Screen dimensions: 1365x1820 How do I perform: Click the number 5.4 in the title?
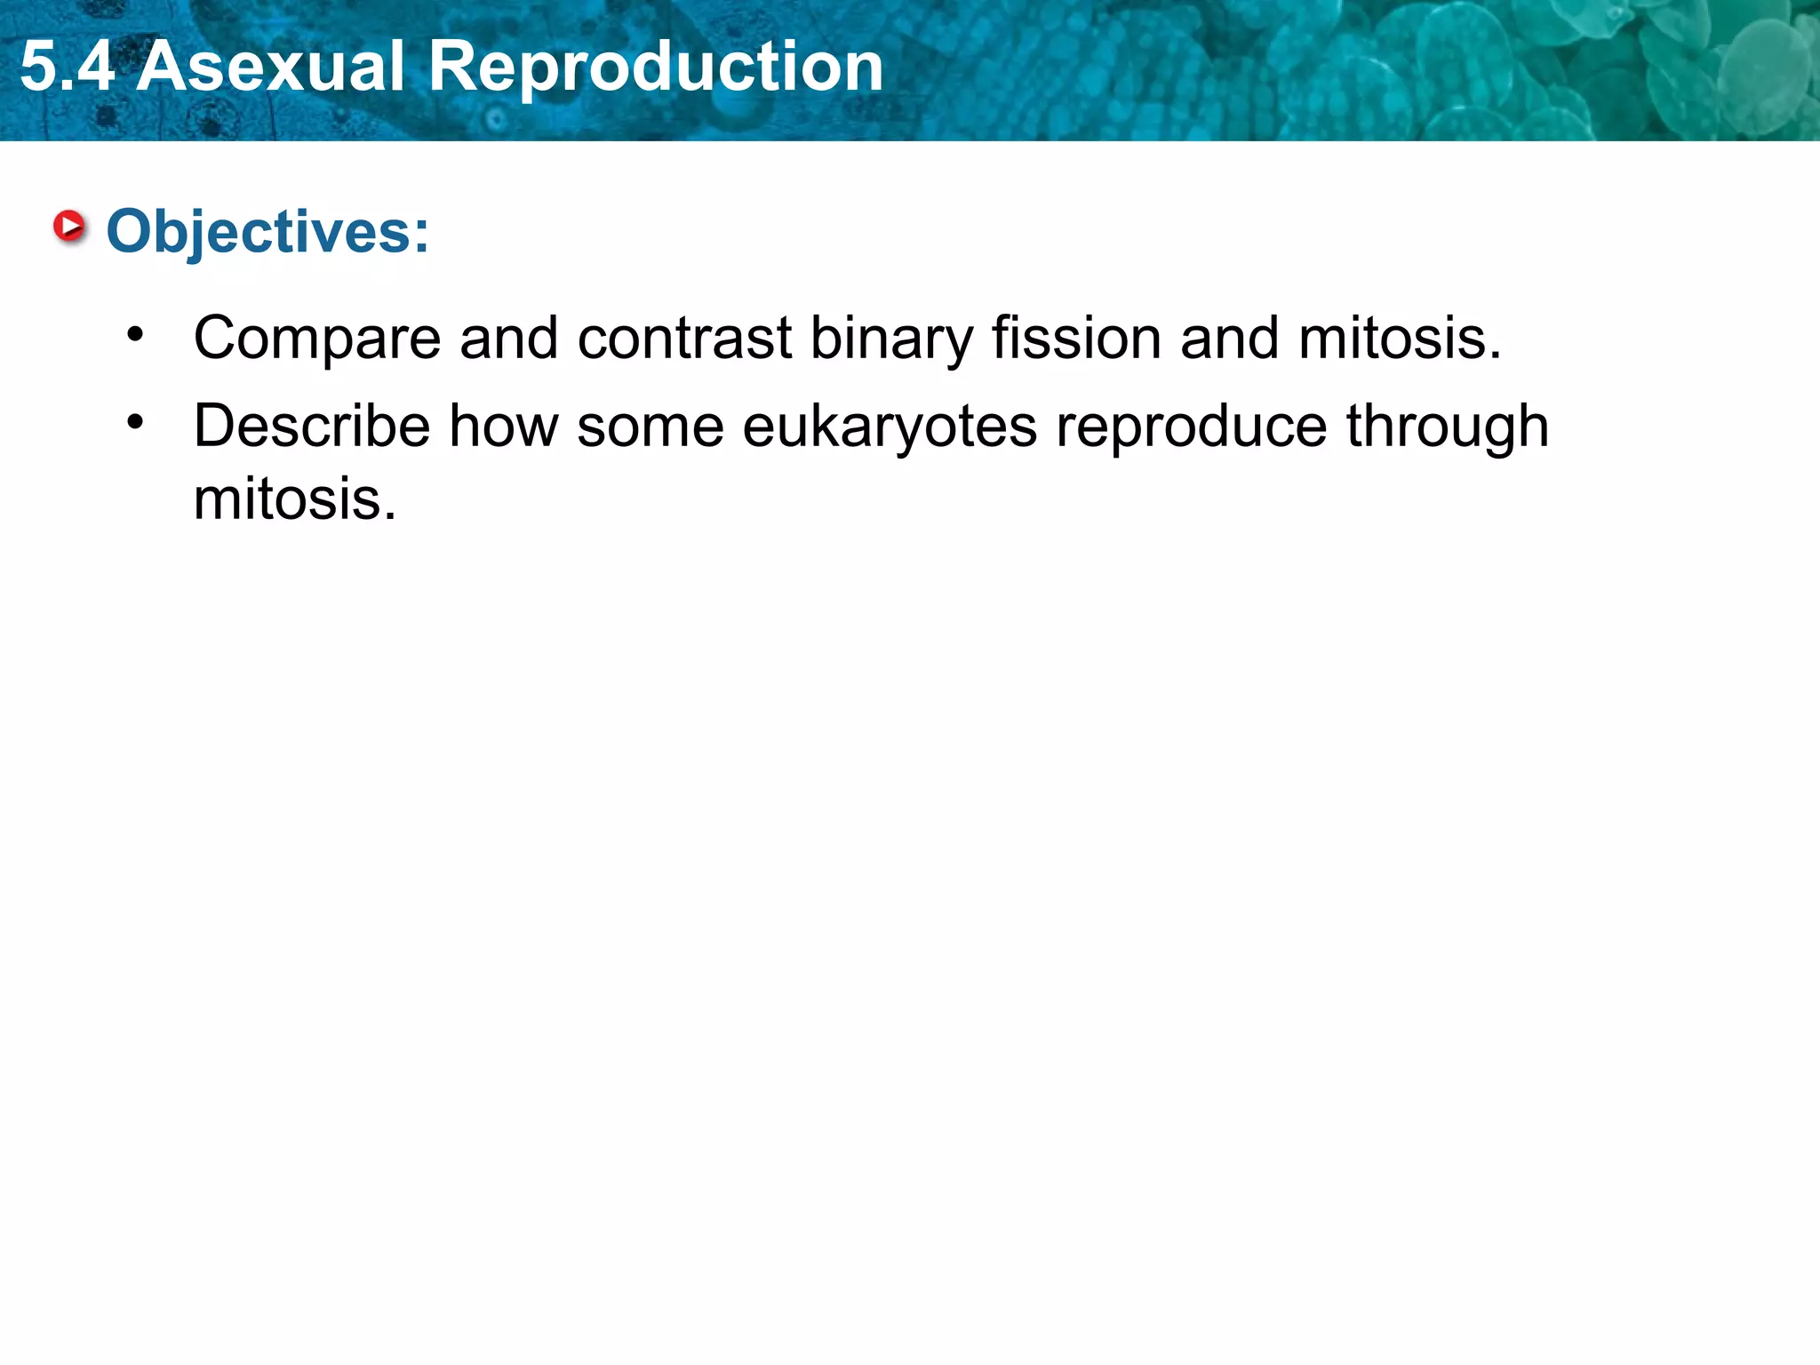click(x=67, y=68)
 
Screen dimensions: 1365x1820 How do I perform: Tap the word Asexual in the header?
click(x=271, y=68)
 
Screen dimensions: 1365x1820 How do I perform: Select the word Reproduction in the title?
click(x=656, y=68)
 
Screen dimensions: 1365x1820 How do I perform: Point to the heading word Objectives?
click(x=259, y=233)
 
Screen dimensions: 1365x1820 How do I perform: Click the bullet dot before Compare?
click(x=135, y=335)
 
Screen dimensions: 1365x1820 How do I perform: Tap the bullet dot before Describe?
click(x=135, y=422)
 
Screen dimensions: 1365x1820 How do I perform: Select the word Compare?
click(x=317, y=339)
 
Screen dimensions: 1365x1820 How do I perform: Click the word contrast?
click(x=684, y=339)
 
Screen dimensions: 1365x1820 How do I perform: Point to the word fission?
click(x=1076, y=338)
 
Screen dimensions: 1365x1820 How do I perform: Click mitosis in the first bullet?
click(x=1398, y=338)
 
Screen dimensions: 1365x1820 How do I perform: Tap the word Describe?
click(x=312, y=426)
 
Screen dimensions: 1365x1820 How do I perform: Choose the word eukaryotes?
click(x=890, y=427)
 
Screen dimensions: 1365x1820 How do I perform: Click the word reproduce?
click(x=1191, y=427)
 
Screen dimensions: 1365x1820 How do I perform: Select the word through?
click(x=1448, y=427)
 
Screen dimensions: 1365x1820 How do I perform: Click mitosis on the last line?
click(x=294, y=499)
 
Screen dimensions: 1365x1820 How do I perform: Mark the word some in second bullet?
click(x=651, y=426)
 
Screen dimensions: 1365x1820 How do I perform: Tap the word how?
click(x=504, y=426)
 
